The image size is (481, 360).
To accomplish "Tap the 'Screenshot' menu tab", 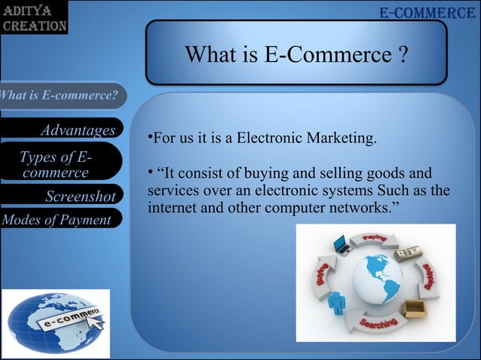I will point(79,197).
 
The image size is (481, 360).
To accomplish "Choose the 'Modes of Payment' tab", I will point(57,220).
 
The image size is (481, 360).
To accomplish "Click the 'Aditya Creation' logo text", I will point(33,18).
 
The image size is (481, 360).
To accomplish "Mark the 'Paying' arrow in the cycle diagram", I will point(375,240).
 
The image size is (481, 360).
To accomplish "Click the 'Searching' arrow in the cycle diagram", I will point(377,324).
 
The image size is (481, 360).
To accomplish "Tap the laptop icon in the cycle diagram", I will point(341,245).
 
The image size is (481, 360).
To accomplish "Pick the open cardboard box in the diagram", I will point(413,309).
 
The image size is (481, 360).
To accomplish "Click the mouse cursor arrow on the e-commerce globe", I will point(97,322).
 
